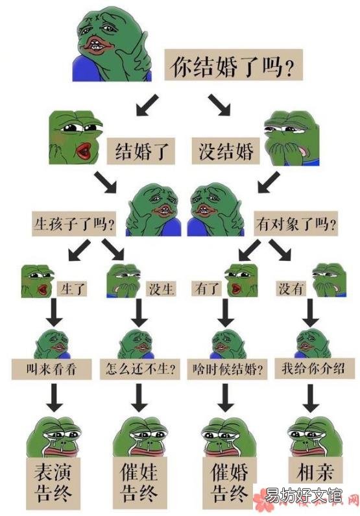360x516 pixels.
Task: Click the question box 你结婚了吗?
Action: (x=234, y=65)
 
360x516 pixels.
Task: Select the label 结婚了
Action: (x=141, y=151)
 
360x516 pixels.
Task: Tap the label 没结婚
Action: (x=226, y=151)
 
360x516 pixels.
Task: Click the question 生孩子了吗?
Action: (x=74, y=224)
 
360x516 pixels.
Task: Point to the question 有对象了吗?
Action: (x=296, y=224)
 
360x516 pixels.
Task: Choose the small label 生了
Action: (x=73, y=289)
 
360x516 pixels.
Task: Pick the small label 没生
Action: (x=161, y=289)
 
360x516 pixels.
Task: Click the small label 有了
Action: (x=207, y=289)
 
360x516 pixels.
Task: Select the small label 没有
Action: (x=291, y=289)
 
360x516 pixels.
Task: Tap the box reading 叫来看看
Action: (x=52, y=369)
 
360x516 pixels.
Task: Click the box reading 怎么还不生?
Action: (x=140, y=369)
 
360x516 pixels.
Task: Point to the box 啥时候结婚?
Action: (x=227, y=369)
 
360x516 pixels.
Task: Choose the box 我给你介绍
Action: (x=315, y=368)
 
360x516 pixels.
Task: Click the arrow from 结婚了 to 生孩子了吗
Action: (x=106, y=182)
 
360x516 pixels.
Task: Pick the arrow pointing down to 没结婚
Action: (x=219, y=104)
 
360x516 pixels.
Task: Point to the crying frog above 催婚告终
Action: (x=228, y=437)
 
